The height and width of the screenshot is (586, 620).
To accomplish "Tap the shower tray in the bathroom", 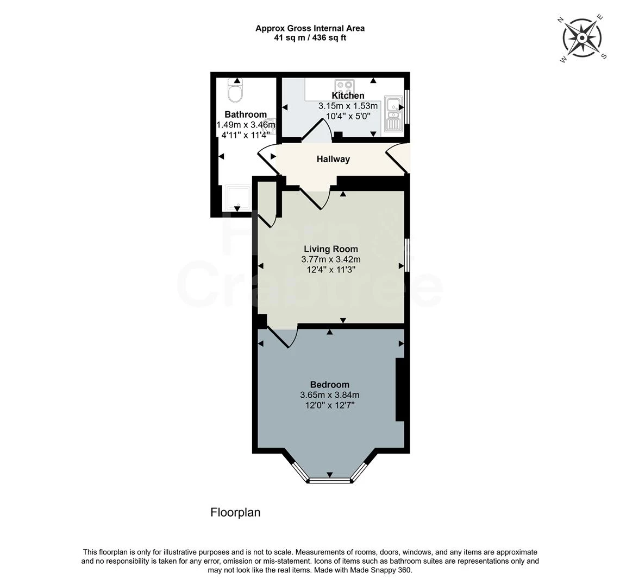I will click(238, 199).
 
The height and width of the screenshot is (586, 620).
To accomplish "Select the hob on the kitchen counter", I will click(345, 87).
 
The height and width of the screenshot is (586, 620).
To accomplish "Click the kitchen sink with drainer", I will click(392, 113).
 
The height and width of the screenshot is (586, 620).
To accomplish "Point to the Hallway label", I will click(333, 159).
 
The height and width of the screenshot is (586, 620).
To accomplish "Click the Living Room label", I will click(330, 249).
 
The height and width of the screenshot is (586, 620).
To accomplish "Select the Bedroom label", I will click(329, 385).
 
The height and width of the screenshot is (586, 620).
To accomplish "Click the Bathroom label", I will click(246, 114).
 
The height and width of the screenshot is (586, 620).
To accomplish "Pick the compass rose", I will click(582, 38).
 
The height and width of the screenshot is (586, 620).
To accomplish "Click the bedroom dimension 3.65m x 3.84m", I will click(329, 395).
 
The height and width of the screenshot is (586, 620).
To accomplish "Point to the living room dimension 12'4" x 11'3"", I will click(330, 269).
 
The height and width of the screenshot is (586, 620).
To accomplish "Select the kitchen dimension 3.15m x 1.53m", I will click(348, 106).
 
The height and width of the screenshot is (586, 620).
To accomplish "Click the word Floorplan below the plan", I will click(235, 512).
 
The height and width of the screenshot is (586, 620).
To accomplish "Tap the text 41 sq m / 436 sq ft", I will click(310, 38).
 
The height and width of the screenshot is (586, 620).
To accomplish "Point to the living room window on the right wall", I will click(408, 253).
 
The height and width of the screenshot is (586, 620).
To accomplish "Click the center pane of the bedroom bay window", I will click(330, 480).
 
